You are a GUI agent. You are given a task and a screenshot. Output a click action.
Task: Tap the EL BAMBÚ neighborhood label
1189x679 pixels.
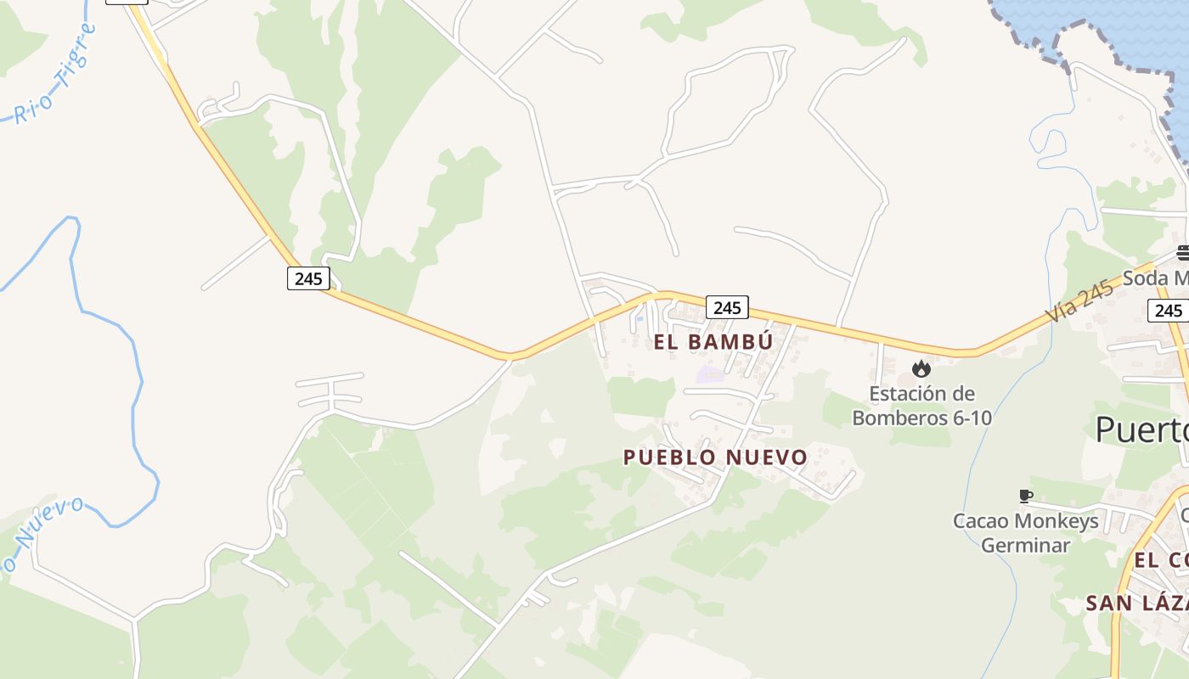pyautogui.click(x=713, y=342)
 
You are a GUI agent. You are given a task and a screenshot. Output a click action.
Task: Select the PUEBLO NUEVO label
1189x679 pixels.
pyautogui.click(x=715, y=457)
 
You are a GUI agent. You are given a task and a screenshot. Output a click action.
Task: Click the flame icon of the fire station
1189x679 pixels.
pyautogui.click(x=921, y=369)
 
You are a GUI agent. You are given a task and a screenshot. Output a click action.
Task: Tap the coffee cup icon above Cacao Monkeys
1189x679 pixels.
pyautogui.click(x=1026, y=496)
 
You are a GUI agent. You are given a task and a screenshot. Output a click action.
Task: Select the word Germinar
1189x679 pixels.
pyautogui.click(x=1026, y=545)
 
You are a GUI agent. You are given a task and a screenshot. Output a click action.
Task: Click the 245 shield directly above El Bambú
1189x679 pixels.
pyautogui.click(x=727, y=307)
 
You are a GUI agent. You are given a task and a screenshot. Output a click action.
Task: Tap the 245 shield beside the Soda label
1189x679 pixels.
pyautogui.click(x=1169, y=311)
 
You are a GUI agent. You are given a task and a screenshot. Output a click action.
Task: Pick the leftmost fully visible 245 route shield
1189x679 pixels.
pyautogui.click(x=307, y=278)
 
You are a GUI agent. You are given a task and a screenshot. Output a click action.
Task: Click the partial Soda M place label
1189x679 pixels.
pyautogui.click(x=1155, y=278)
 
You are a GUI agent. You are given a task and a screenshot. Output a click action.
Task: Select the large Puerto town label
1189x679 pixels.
pyautogui.click(x=1141, y=429)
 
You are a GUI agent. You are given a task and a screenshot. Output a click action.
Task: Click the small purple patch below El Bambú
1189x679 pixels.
pyautogui.click(x=710, y=374)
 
